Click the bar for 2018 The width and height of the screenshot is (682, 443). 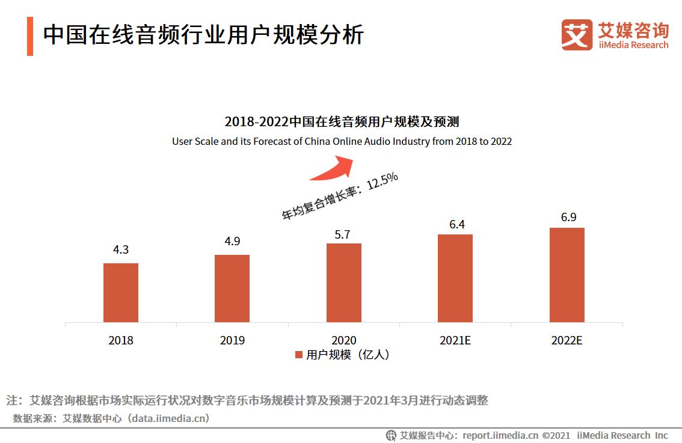121,293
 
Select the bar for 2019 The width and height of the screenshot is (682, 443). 232,289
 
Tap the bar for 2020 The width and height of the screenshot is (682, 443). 344,283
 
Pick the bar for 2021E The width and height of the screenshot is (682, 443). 455,278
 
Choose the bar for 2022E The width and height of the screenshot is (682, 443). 567,275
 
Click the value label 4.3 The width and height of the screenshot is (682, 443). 121,249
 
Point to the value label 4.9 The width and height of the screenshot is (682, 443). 232,241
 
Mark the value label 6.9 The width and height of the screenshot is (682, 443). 568,217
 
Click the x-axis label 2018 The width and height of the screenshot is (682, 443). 121,340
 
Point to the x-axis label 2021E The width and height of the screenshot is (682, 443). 455,340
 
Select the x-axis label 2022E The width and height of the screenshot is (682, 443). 567,340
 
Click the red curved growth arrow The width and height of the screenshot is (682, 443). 334,167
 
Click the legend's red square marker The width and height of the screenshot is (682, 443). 298,355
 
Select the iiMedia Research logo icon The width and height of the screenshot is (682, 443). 577,34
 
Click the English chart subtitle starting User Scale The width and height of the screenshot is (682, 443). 342,141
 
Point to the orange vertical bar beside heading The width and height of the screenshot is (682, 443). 30,36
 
